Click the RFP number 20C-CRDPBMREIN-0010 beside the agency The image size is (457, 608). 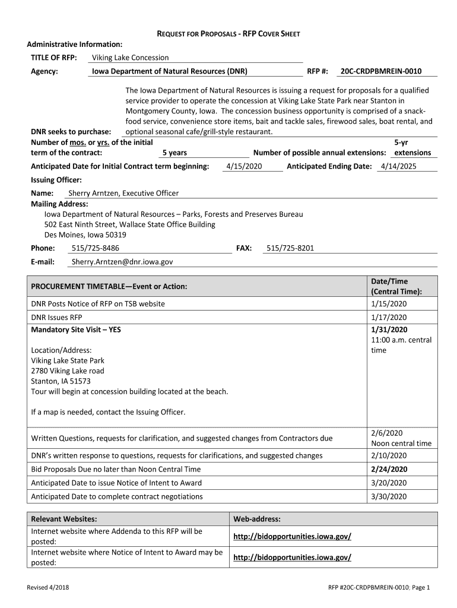(380, 71)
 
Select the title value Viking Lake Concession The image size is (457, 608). (130, 58)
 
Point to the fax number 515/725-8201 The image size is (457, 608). (290, 248)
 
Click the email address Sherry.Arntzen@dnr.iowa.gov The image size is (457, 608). (122, 262)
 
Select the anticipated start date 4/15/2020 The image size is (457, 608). (245, 166)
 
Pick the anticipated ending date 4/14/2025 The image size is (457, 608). (399, 166)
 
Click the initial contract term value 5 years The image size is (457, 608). (174, 153)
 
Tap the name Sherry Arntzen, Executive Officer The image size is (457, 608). (123, 193)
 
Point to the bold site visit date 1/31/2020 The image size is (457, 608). (389, 330)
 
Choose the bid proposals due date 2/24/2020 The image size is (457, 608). (389, 469)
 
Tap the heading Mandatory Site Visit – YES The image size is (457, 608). (76, 330)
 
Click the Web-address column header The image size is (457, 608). (257, 519)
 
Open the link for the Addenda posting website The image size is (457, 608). (292, 536)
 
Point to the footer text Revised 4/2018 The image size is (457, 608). (47, 588)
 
